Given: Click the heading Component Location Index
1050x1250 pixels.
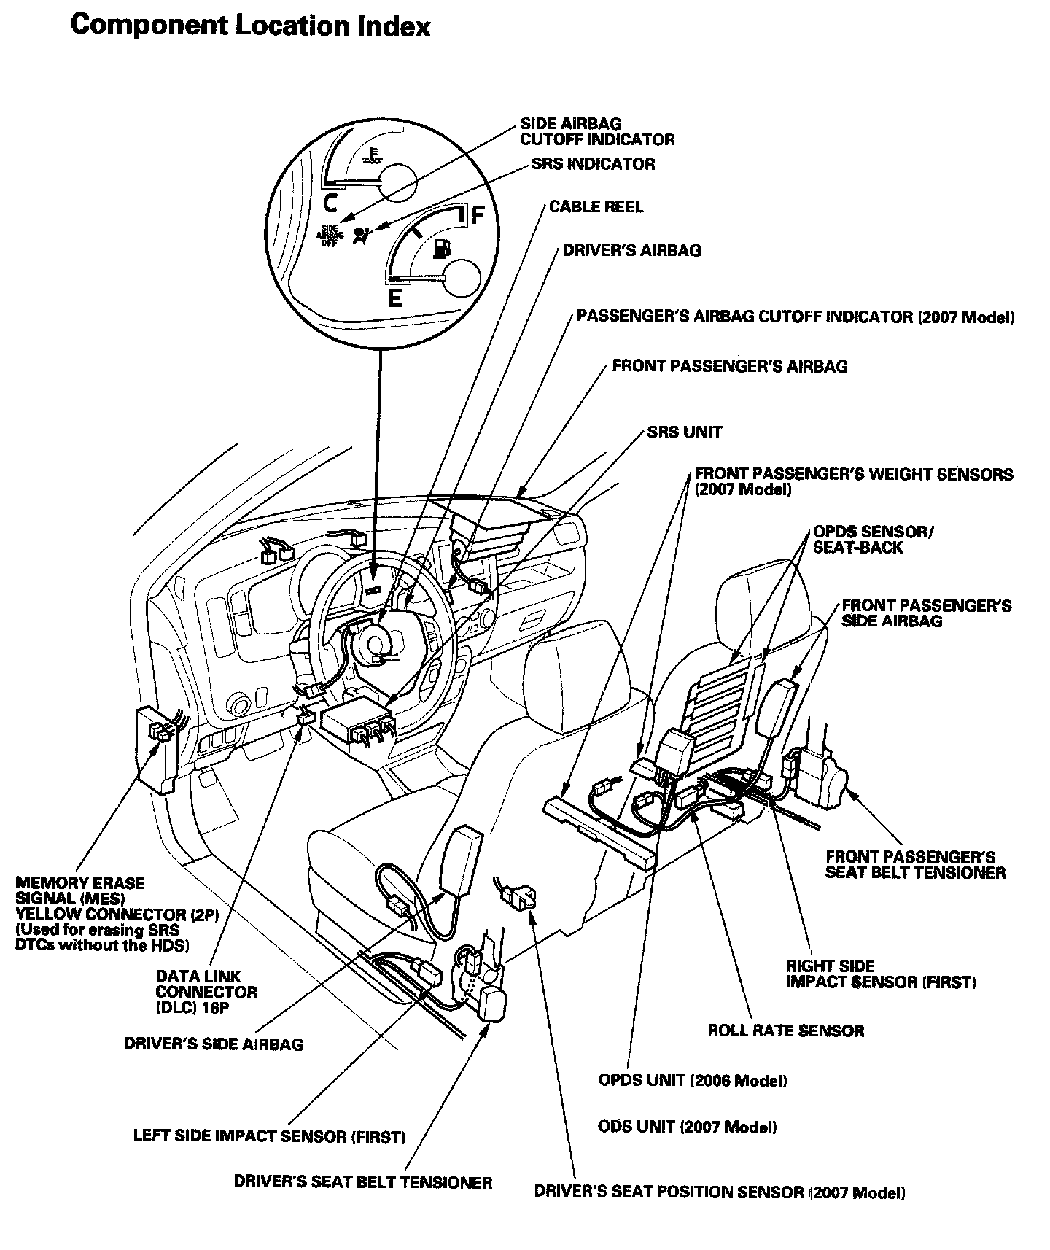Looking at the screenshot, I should point(250,26).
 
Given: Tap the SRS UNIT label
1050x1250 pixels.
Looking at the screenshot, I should point(684,432).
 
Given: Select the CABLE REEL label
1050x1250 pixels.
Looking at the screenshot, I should point(596,207).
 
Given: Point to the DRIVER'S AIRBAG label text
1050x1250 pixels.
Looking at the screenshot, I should point(631,251).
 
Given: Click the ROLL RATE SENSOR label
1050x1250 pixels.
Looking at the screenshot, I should point(786,1031).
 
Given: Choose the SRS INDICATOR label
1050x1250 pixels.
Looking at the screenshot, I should point(593,164).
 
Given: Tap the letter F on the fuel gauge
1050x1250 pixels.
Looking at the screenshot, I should point(478,216).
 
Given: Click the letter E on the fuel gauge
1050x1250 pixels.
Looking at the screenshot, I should point(394,298).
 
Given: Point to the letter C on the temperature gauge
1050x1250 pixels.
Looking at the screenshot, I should point(330,201).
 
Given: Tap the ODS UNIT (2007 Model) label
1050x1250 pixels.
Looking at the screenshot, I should point(687,1127).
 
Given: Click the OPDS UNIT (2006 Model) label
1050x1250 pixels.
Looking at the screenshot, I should point(693,1080).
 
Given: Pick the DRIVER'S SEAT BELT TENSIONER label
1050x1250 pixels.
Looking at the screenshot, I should point(363,1182).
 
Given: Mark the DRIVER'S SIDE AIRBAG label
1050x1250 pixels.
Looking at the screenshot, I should point(213,1044).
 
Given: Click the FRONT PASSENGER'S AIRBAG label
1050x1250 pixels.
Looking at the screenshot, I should point(730,366).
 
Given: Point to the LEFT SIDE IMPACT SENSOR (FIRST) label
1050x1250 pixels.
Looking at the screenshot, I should point(269,1136).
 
